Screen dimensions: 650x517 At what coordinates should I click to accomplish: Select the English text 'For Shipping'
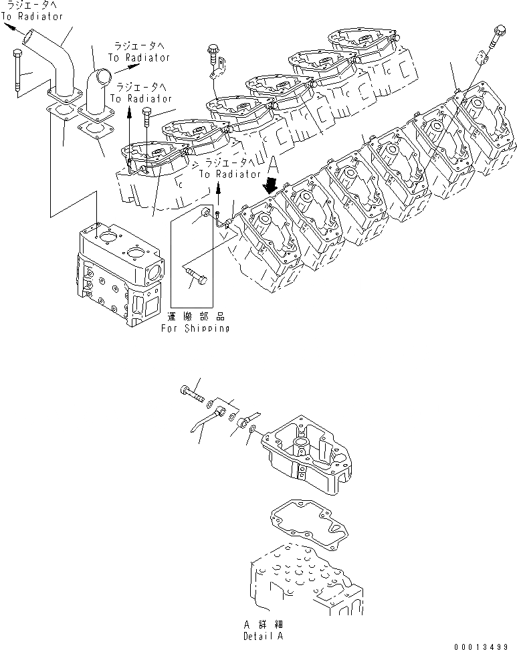[195, 328]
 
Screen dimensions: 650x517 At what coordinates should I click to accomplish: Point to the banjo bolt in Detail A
[194, 393]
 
